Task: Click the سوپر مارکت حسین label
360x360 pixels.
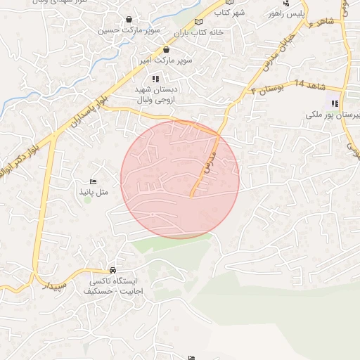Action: click(129, 31)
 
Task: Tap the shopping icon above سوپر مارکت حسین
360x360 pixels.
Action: click(129, 19)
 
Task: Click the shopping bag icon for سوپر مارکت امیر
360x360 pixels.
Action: click(166, 50)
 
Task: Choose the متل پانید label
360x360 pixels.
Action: click(94, 192)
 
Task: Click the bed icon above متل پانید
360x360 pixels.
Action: click(94, 182)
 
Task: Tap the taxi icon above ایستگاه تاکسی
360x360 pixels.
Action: click(112, 271)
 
